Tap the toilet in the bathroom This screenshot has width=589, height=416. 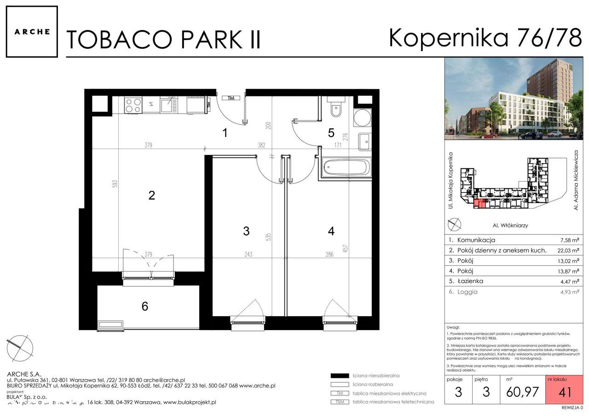pyautogui.click(x=336, y=110)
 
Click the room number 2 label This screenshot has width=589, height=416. pyautogui.click(x=151, y=195)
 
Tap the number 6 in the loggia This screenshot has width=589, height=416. pyautogui.click(x=145, y=306)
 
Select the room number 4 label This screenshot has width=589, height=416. pyautogui.click(x=331, y=231)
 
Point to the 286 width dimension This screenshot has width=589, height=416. pyautogui.click(x=329, y=254)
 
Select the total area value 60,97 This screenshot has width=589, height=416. pyautogui.click(x=523, y=392)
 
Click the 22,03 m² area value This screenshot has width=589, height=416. pyautogui.click(x=566, y=251)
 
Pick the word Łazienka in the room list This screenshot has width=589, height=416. pyautogui.click(x=469, y=281)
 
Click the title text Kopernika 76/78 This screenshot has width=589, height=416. pyautogui.click(x=485, y=38)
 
